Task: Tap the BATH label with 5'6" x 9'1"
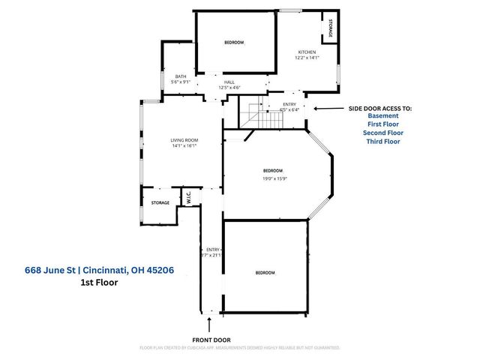pos(181,76)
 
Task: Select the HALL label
pos(229,83)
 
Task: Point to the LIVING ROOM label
pos(184,140)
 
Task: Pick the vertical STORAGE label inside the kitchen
pos(329,28)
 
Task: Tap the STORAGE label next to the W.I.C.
pos(160,202)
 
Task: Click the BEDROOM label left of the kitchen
pos(234,43)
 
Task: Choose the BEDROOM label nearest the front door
pos(265,272)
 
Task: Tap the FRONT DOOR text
pos(211,339)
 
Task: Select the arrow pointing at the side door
pos(323,109)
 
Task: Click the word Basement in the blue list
pos(383,116)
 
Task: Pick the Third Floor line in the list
pos(383,141)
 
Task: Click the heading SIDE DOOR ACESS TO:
pos(380,108)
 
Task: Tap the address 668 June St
pos(52,270)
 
